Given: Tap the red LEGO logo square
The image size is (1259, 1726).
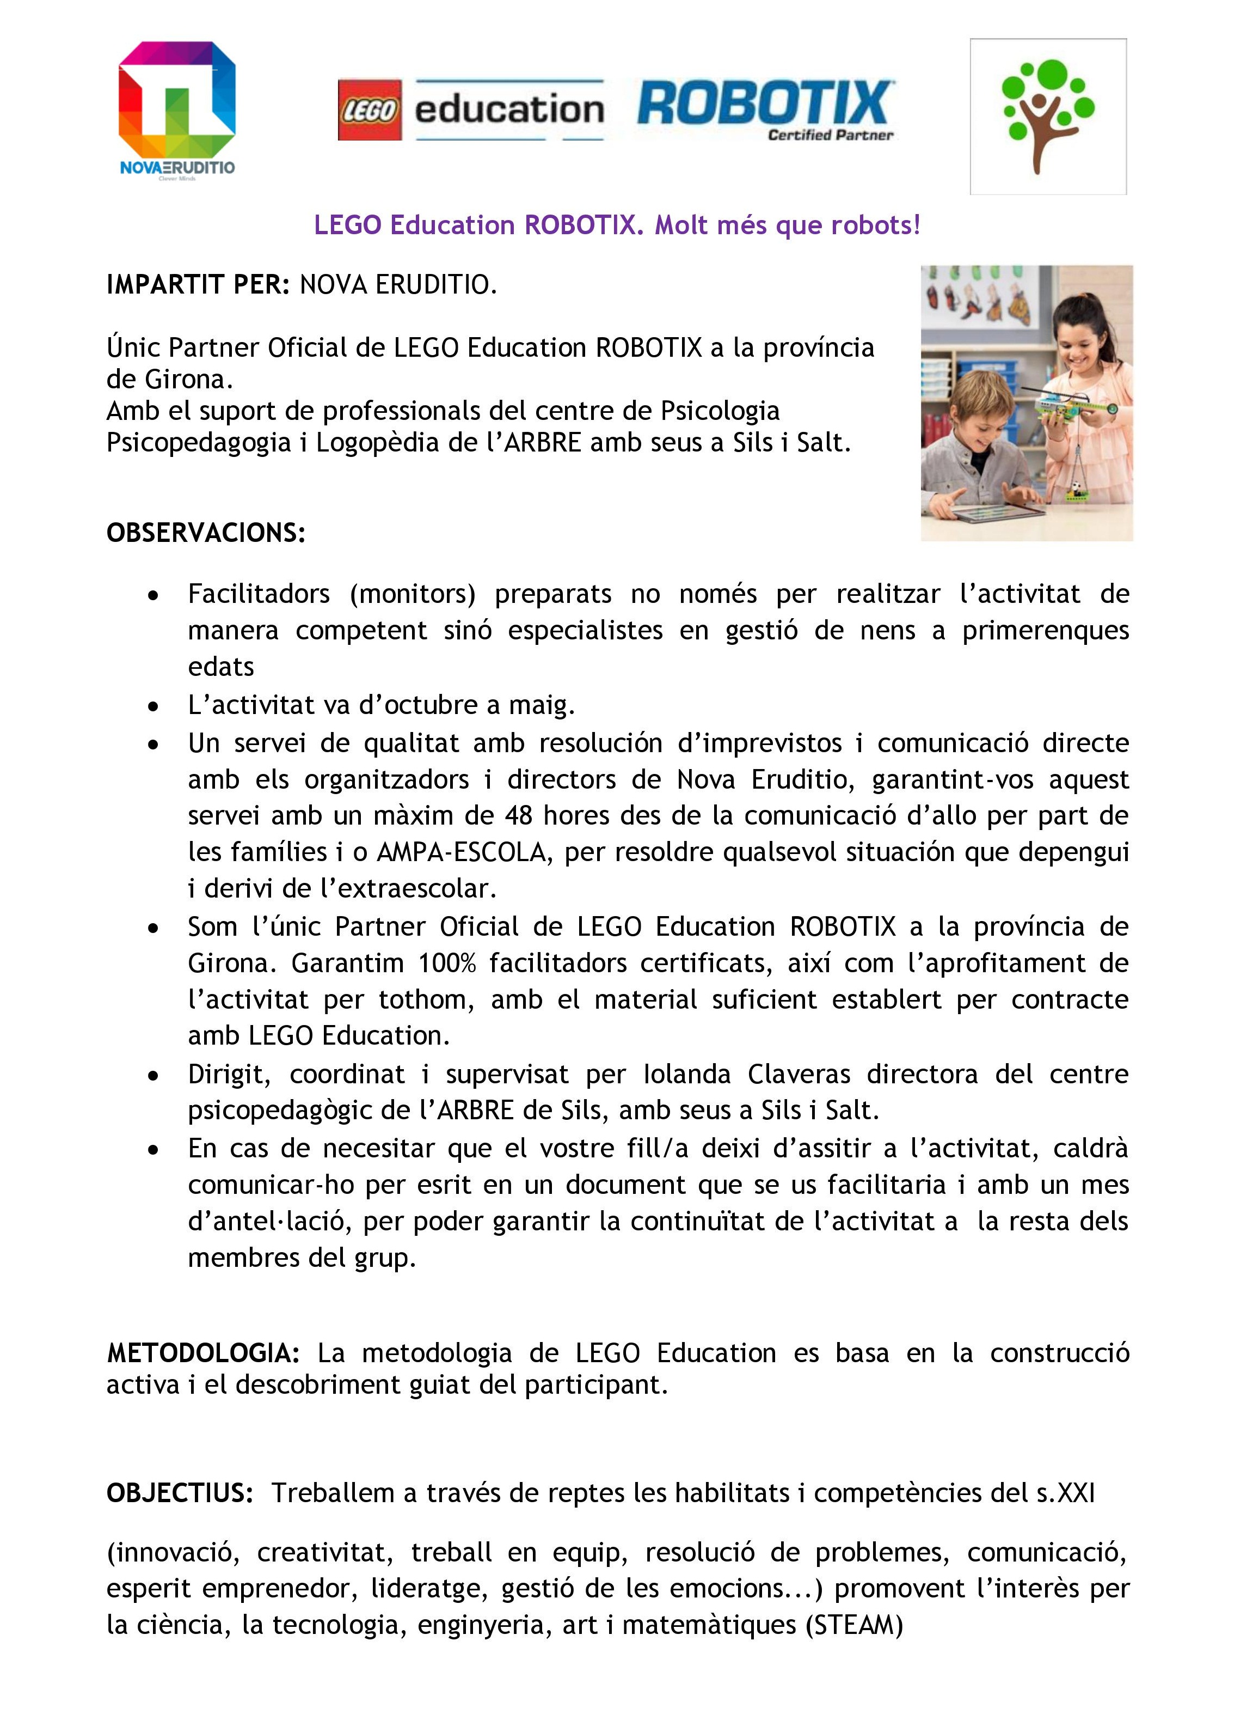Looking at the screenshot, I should (x=370, y=110).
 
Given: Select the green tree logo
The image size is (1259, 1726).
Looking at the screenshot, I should (x=1048, y=116).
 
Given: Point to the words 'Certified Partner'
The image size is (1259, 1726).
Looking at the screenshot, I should (x=830, y=136).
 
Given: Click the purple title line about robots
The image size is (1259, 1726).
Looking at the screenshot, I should (x=617, y=225).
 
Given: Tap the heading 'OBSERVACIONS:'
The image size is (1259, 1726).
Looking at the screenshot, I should (x=206, y=532).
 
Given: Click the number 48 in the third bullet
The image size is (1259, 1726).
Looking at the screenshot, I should (x=518, y=815).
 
